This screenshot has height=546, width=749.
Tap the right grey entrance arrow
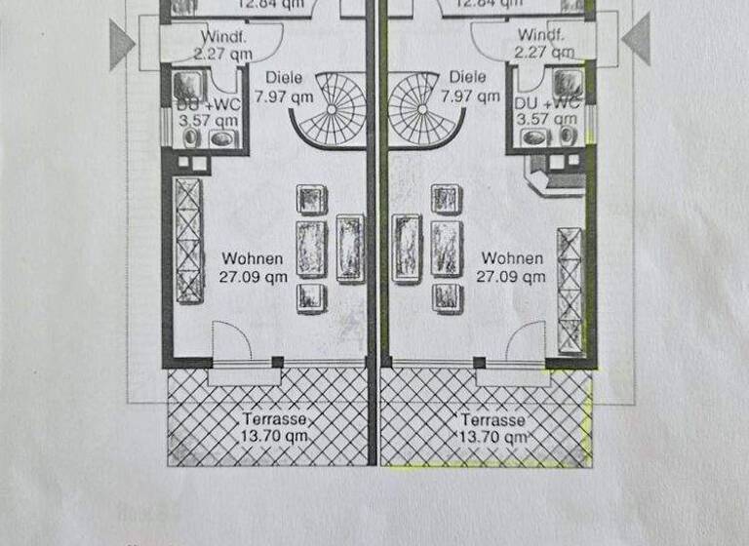(637, 41)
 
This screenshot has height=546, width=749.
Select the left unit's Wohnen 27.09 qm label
(253, 267)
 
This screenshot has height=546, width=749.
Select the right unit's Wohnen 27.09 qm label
(511, 267)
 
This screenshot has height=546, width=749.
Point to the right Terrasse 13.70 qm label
(494, 428)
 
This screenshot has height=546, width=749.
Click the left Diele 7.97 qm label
(283, 87)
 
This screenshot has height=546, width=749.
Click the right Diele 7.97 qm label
(464, 87)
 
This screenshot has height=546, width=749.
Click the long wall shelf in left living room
(187, 240)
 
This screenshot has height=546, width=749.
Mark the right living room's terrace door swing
(524, 341)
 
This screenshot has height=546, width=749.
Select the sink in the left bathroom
(223, 137)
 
